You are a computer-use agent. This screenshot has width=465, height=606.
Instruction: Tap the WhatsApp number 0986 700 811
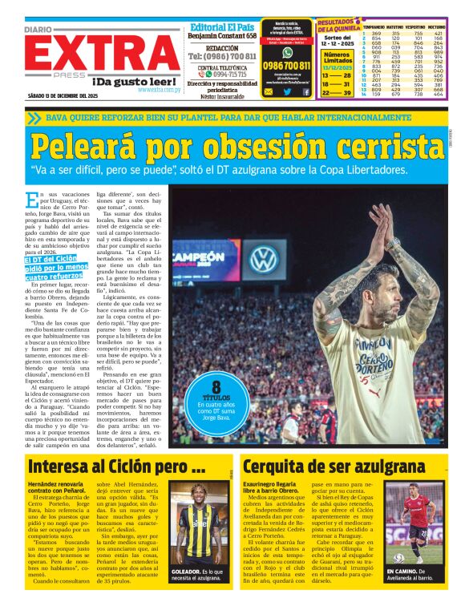point(286,65)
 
